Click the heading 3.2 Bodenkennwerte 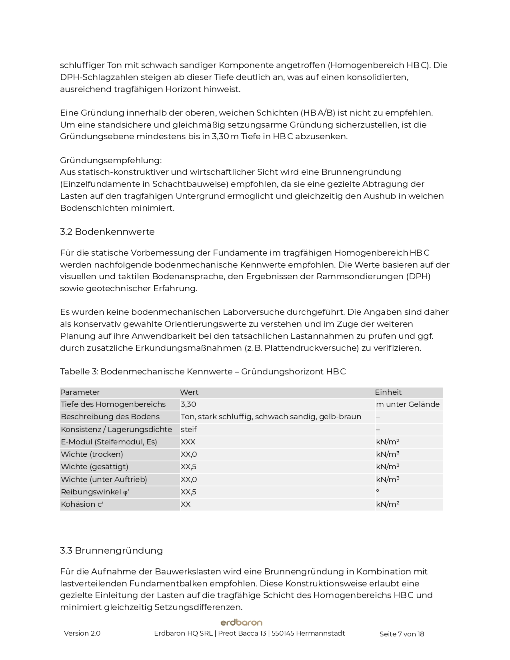coord(107,232)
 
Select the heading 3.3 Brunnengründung coord(111,551)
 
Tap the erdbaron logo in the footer coord(241,622)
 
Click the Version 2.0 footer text coord(82,634)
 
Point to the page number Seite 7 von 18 coord(402,634)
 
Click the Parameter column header coord(80,392)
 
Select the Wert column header coord(189,392)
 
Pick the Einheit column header coord(388,392)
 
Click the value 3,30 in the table coord(188,404)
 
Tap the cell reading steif coord(188,430)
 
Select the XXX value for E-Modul coord(188,442)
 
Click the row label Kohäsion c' coord(82,504)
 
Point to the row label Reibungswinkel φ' coord(95,492)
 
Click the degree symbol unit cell coord(378,491)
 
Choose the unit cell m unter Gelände coord(408,404)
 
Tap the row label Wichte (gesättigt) coord(94,467)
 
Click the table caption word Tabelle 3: coord(79,372)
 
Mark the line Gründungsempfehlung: coord(111,160)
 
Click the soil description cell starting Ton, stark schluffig coord(271,417)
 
